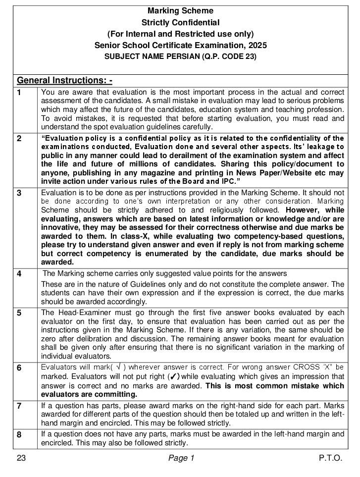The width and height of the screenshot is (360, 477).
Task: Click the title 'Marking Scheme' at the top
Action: coord(180,11)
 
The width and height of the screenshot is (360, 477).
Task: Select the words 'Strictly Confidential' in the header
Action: coord(180,22)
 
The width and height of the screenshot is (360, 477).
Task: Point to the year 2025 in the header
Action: coord(257,45)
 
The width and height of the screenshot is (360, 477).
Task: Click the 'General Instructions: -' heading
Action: coord(65,80)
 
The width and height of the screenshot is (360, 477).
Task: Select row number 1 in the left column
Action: coord(19,93)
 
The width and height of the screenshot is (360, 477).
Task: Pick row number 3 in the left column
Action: coord(19,193)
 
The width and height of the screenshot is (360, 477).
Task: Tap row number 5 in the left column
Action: coord(19,313)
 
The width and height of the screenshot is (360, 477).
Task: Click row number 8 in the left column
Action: coord(19,435)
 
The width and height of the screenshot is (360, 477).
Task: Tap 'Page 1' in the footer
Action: coord(181,458)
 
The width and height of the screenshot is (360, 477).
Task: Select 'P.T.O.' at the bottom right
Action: coord(330,458)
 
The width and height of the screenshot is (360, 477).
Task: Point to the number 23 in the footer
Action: coord(21,458)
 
